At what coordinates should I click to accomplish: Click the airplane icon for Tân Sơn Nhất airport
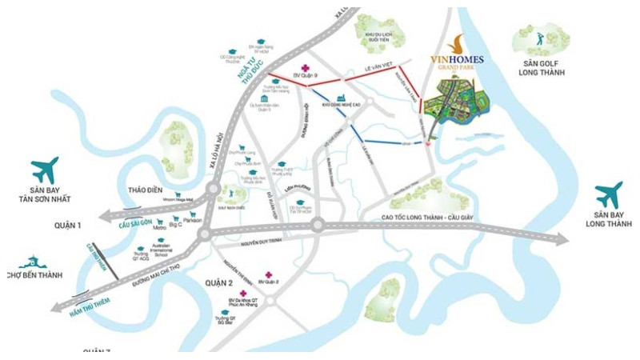46,170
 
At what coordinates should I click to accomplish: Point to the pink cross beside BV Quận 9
304,68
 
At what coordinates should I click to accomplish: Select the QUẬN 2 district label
218,283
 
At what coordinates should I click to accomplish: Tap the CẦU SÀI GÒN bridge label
135,222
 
